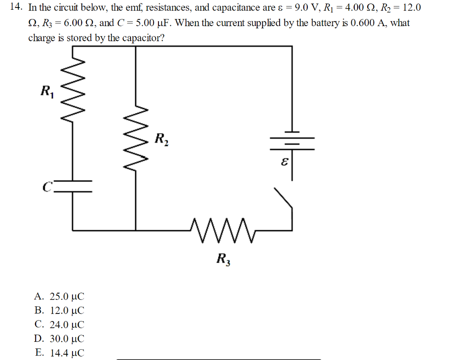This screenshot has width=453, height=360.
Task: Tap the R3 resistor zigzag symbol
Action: (x=219, y=230)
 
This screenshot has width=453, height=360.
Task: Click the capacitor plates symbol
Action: (x=73, y=186)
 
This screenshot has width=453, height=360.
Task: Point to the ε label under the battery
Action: (x=284, y=163)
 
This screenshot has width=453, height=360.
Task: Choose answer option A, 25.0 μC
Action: (x=59, y=296)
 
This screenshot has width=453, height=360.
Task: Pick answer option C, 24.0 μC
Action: (x=59, y=325)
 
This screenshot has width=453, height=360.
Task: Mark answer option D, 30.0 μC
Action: (x=59, y=339)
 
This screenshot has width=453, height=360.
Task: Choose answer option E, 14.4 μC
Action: (x=59, y=353)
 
